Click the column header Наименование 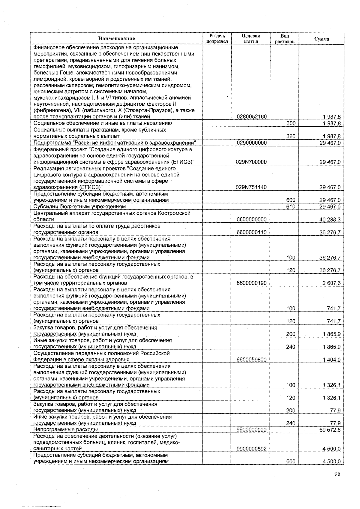[x=116, y=38]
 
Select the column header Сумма [x=321, y=39]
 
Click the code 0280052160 [x=251, y=117]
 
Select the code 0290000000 [x=251, y=143]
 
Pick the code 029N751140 [x=251, y=187]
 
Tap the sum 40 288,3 [x=330, y=219]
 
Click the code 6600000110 [x=251, y=232]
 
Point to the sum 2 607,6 [x=331, y=283]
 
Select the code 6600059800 [x=251, y=360]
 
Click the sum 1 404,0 [x=331, y=360]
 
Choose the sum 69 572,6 [x=330, y=430]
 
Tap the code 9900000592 [x=251, y=449]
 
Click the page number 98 [x=337, y=474]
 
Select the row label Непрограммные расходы [x=66, y=430]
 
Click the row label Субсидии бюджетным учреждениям [x=79, y=207]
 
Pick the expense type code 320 [x=291, y=136]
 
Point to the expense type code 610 [x=291, y=207]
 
